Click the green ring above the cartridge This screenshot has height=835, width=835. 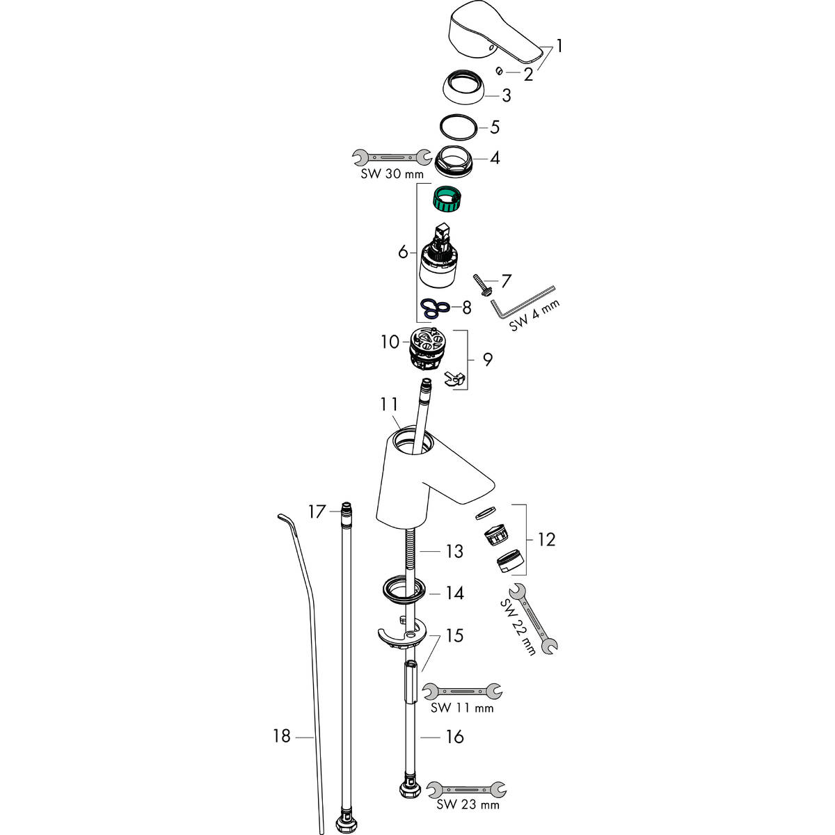click(x=446, y=199)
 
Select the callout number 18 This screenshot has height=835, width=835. click(x=282, y=735)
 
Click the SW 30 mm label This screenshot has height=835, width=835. click(x=392, y=174)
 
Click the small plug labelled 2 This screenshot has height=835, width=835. click(x=500, y=71)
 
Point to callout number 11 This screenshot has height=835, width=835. click(x=389, y=404)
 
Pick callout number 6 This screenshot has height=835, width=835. click(x=403, y=251)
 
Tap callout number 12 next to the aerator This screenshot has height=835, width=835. click(x=546, y=540)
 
